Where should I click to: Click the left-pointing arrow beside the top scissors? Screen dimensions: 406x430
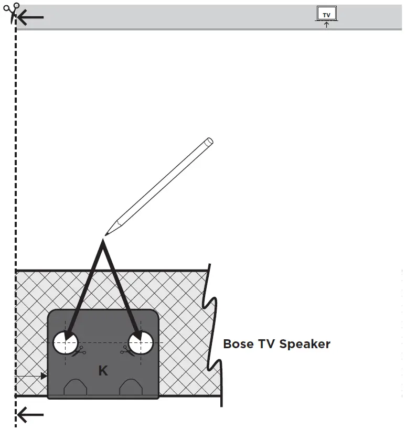[30, 18]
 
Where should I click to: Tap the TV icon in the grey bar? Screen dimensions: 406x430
[326, 14]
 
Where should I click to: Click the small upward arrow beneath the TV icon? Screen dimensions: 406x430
[326, 24]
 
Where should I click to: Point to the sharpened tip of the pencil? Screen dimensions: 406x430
[106, 234]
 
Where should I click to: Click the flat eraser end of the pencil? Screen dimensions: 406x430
[209, 142]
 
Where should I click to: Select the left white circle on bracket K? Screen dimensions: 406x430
[66, 343]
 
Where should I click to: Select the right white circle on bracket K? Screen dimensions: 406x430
[142, 343]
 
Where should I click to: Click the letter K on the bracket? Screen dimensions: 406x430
[103, 371]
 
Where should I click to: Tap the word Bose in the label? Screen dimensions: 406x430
[239, 345]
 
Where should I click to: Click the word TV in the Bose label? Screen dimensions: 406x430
[267, 345]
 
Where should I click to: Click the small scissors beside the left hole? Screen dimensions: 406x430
[79, 351]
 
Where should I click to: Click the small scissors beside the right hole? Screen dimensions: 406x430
[126, 350]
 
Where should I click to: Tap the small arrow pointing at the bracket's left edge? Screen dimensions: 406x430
[44, 376]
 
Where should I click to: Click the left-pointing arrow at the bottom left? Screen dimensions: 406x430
[30, 416]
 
